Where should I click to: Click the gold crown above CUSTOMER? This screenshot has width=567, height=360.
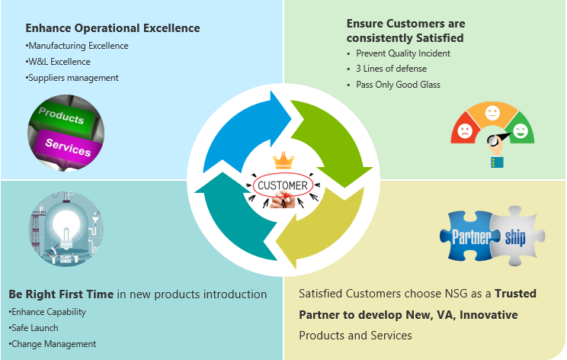tap(283, 161)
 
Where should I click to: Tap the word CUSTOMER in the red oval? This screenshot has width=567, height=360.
tap(283, 185)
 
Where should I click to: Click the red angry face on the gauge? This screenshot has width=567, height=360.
tap(465, 131)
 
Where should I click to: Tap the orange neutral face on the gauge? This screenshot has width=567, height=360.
tap(492, 113)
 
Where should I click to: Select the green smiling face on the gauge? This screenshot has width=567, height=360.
tap(521, 130)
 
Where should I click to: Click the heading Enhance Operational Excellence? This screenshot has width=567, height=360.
tap(113, 28)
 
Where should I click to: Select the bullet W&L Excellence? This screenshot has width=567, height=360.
tap(58, 62)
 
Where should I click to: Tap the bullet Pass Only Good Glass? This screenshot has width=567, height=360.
tap(398, 85)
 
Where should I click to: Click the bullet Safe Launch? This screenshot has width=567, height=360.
tap(34, 328)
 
